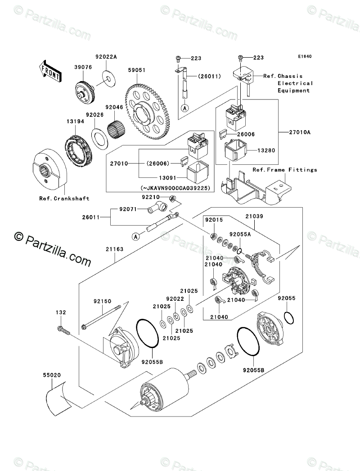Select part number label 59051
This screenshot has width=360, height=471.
coord(137,70)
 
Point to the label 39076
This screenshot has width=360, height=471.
coord(83,67)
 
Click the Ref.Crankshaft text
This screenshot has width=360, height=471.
coord(64,199)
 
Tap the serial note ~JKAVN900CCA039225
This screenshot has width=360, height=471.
coord(175,188)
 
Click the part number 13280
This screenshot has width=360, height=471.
coord(266,150)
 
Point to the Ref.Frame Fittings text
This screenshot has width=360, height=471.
coord(285,170)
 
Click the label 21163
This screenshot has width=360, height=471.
coord(114,249)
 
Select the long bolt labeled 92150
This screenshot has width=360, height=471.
coord(101,316)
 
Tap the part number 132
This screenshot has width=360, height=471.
coord(61,312)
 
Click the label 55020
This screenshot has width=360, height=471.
coord(52,375)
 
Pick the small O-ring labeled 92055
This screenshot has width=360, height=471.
coord(288,318)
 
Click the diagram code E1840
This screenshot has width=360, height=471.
coord(305,56)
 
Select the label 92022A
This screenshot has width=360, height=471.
coord(106,56)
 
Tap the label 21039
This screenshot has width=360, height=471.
coord(254,216)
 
